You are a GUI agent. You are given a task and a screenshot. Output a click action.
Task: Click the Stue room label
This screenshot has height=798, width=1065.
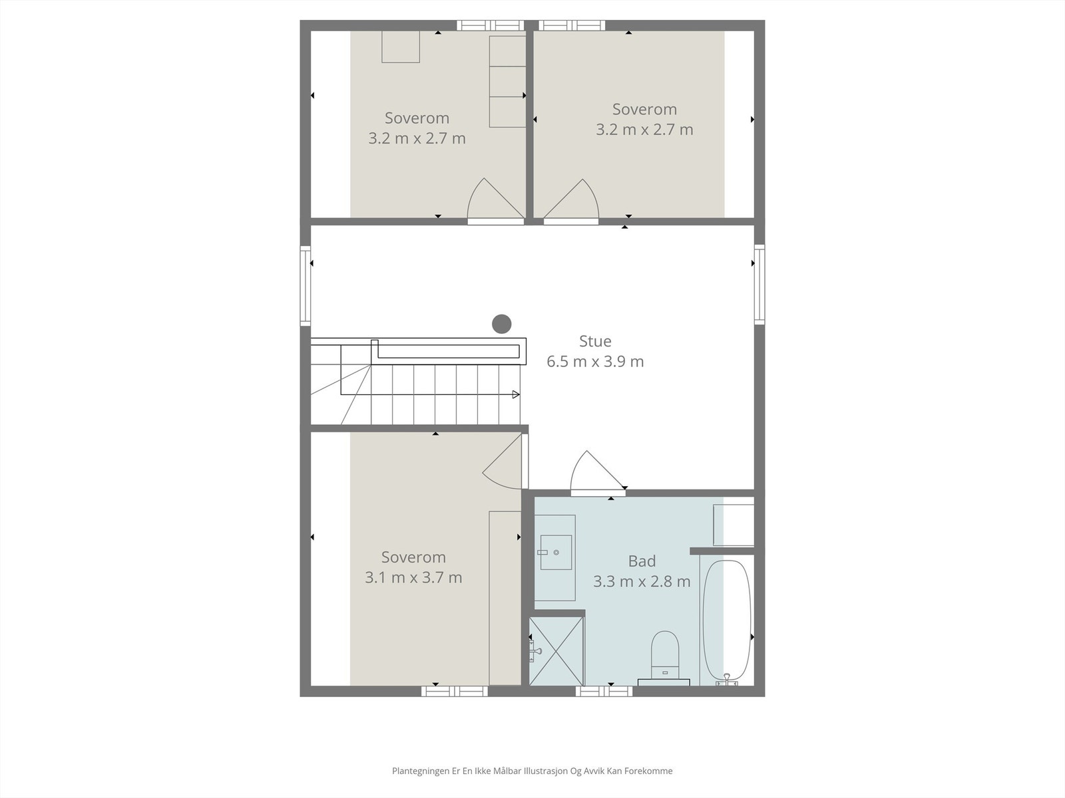595,341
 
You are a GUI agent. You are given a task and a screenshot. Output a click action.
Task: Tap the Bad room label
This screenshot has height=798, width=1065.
642,561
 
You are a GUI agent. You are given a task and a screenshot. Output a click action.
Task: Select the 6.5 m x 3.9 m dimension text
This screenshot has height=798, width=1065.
595,362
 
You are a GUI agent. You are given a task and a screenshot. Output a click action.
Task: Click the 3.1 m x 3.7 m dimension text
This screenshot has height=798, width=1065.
413,577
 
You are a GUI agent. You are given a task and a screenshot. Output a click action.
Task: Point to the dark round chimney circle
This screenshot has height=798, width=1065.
501,324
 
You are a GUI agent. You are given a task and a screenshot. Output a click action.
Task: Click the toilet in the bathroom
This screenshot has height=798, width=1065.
664,655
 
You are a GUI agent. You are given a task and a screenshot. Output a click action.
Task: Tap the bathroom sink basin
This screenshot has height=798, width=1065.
556,552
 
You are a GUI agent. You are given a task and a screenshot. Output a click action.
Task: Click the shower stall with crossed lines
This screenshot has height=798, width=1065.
557,651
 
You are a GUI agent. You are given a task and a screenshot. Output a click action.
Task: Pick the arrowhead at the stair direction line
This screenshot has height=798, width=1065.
516,394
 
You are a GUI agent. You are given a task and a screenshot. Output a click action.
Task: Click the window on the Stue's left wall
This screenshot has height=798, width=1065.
306,285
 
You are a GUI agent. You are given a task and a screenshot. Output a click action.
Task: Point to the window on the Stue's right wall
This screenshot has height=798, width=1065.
759,283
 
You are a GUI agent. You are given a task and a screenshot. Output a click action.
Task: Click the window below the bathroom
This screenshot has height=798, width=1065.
604,692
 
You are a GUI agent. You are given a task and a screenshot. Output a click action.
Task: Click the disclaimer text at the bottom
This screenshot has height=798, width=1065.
532,771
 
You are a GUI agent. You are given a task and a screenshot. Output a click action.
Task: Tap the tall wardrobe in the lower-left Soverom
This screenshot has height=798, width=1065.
505,597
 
